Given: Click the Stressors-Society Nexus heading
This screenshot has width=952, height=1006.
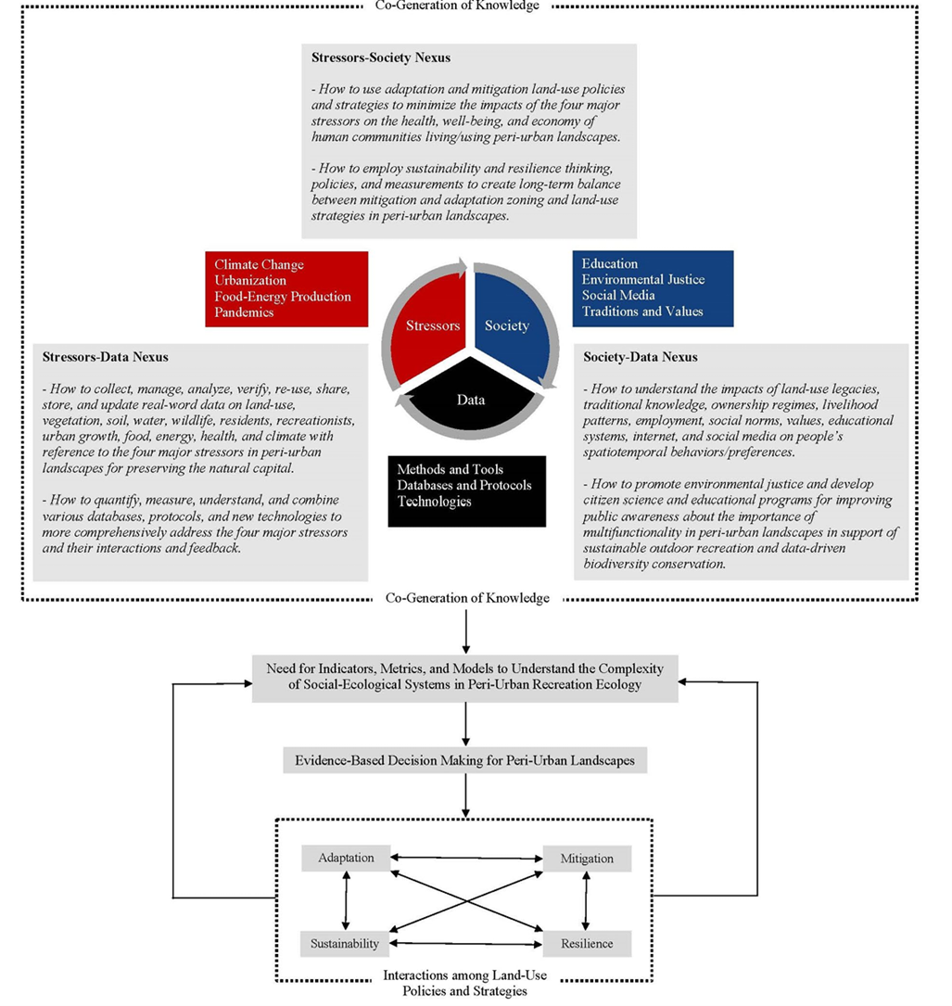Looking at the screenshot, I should point(381,57).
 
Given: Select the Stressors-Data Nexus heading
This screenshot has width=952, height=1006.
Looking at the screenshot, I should point(105,356).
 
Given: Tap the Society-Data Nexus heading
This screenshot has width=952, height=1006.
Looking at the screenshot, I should point(641,357).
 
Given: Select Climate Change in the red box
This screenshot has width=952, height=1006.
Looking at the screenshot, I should point(259,264).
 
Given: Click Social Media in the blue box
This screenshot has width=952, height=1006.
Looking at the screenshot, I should point(620,295).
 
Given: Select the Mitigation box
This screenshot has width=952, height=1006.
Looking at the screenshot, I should point(587,859).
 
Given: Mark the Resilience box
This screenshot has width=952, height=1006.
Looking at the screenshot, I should point(586,944).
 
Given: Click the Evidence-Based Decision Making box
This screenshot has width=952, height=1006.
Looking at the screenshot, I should point(465,760).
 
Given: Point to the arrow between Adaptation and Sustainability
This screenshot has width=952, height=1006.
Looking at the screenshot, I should point(346,900).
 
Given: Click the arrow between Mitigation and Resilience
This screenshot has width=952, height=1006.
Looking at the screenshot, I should point(585,901).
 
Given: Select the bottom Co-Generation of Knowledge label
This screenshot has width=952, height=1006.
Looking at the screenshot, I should point(467,599).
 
